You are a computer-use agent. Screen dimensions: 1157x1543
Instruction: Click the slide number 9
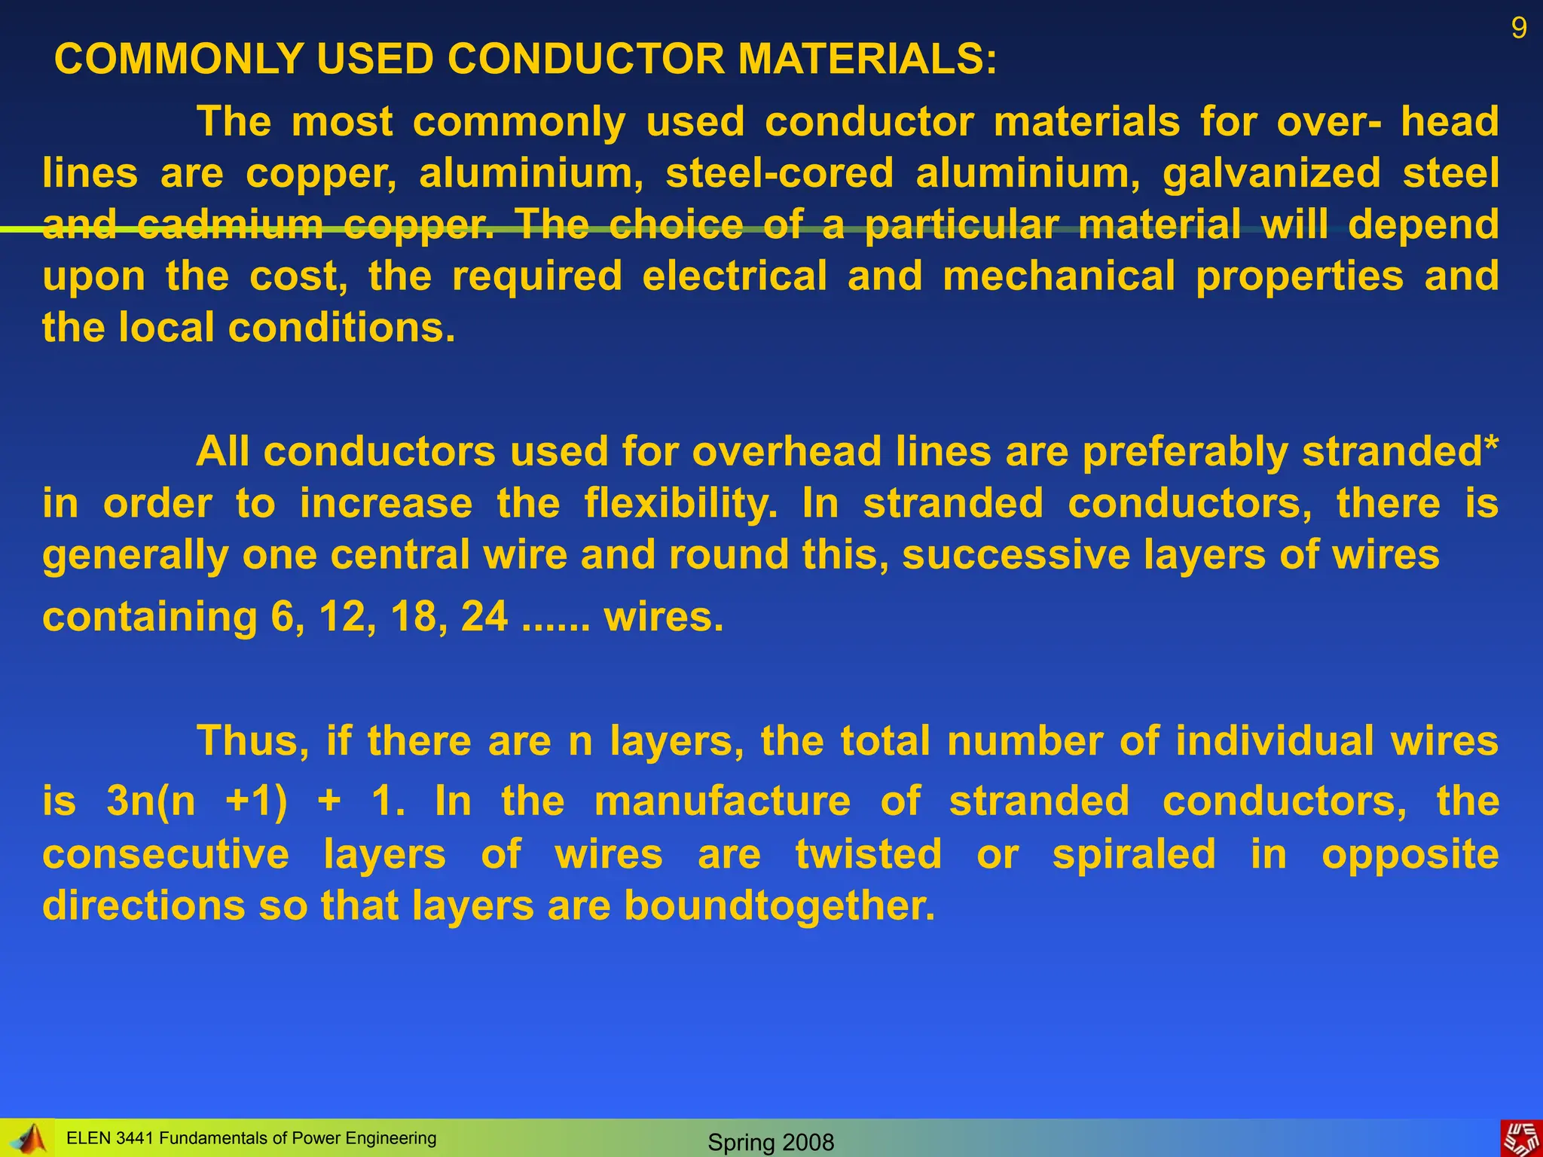tap(1519, 29)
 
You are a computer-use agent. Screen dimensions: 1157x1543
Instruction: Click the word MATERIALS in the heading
tap(866, 59)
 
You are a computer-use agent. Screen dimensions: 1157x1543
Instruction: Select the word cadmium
tap(231, 224)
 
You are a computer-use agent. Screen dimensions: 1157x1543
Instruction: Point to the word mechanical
tap(1059, 276)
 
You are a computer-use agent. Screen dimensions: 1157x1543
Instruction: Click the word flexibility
tap(680, 503)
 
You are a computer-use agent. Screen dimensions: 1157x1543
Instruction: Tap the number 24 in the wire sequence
tap(484, 616)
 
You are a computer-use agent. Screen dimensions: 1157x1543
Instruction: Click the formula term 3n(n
tap(151, 800)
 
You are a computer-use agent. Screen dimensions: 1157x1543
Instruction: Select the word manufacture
tap(723, 800)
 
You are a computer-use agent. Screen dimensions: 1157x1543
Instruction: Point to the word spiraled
tap(1134, 854)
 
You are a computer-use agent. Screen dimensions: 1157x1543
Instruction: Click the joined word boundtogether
tap(779, 905)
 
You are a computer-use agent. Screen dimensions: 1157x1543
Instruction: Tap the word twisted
tap(869, 854)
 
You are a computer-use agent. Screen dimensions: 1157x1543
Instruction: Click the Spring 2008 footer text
tap(771, 1142)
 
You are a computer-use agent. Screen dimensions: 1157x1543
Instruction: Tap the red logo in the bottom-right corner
tap(1521, 1137)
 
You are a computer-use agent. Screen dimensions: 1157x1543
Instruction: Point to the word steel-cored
tap(779, 173)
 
